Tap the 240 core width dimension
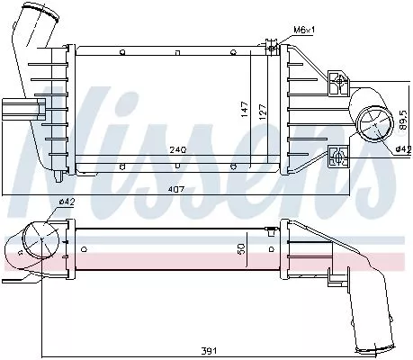176,151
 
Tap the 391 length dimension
209,351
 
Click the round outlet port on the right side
370,122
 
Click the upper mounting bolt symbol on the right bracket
340,83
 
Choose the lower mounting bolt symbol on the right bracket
340,156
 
